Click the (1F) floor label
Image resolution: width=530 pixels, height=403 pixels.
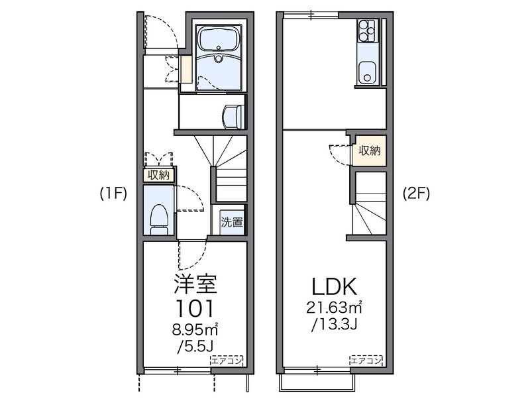(x=113, y=194)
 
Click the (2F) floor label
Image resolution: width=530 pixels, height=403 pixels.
(x=416, y=194)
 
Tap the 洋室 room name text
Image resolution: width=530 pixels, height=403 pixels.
(x=195, y=284)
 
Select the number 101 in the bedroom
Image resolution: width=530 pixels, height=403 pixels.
(x=194, y=308)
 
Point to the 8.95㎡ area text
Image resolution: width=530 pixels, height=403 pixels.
(x=194, y=329)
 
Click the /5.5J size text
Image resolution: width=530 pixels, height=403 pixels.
(x=195, y=346)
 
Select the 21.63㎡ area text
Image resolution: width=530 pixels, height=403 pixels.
(x=334, y=308)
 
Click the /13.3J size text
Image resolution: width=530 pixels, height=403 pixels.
(x=334, y=324)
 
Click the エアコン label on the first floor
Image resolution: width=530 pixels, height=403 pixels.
(x=227, y=361)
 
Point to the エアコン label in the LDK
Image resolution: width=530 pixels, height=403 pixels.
(x=366, y=361)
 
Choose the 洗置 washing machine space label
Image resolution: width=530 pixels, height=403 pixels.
(x=232, y=222)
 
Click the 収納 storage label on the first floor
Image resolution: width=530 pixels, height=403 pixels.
(x=158, y=175)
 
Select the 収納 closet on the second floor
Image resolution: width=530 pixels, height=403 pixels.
(x=370, y=150)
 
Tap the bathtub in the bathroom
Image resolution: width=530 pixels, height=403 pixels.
(x=219, y=39)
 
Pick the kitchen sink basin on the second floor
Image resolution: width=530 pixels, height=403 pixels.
(x=367, y=72)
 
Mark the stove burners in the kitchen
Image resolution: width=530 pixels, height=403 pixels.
(x=367, y=31)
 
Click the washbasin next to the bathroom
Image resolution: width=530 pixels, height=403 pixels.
(x=234, y=116)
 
